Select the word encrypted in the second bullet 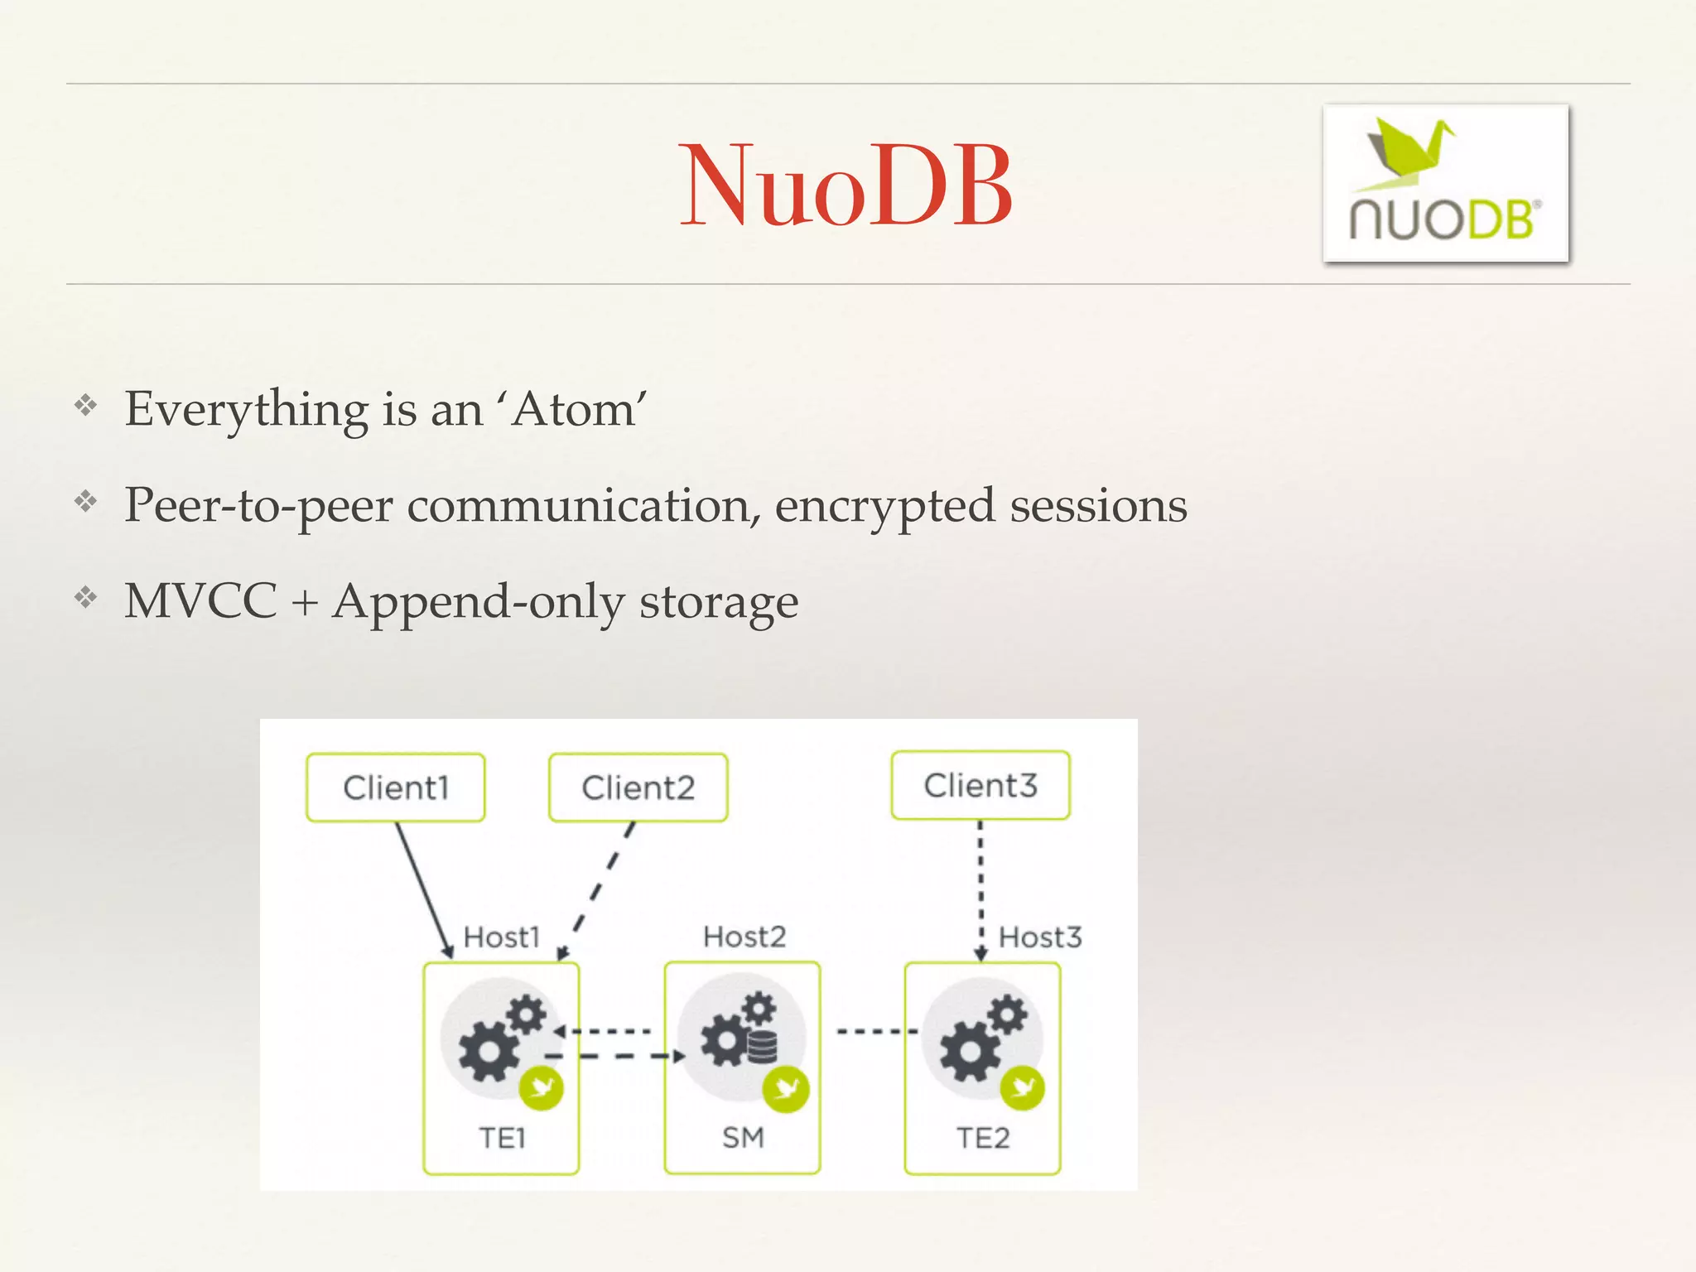[884, 506]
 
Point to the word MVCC [200, 601]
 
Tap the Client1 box [395, 788]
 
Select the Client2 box [638, 788]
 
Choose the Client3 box [980, 785]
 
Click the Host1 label [502, 937]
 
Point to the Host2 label [744, 937]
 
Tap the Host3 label [1040, 937]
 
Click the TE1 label [502, 1138]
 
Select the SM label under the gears [743, 1138]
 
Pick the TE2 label [983, 1138]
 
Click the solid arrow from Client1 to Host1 [423, 889]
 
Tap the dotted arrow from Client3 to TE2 [980, 889]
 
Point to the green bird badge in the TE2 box [1022, 1087]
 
